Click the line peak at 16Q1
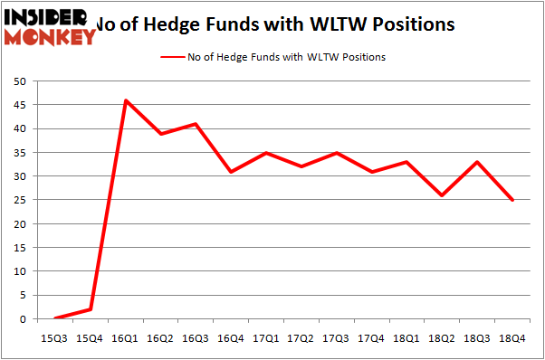click(126, 100)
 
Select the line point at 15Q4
click(91, 309)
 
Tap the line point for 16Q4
click(231, 172)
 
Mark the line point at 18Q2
click(442, 195)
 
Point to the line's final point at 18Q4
click(512, 200)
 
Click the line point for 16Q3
click(196, 124)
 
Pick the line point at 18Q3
click(477, 162)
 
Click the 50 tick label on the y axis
click(19, 81)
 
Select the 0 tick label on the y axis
click(22, 319)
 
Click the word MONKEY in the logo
click(51, 37)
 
